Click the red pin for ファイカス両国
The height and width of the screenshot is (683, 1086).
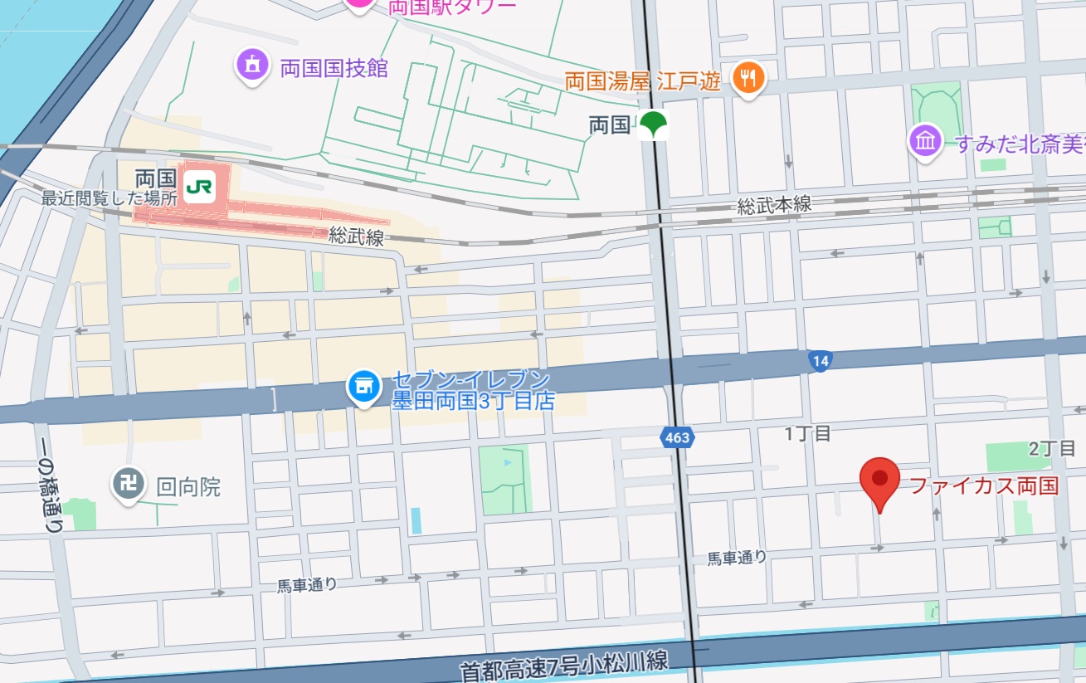click(879, 481)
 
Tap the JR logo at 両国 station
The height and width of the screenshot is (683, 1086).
click(198, 186)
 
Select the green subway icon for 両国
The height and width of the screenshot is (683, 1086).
click(654, 125)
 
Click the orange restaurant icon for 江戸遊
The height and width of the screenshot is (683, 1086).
click(749, 79)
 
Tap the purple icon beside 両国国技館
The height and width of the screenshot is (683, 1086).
click(251, 65)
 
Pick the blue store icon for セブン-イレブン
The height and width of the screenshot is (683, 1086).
click(363, 386)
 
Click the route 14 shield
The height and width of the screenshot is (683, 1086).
click(820, 361)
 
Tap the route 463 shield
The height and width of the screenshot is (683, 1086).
click(677, 437)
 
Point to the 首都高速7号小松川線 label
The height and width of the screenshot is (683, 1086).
click(564, 664)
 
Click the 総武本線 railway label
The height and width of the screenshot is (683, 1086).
click(774, 205)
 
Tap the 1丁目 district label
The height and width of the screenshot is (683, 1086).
click(807, 433)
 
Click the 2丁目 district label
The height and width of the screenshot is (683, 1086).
click(1051, 449)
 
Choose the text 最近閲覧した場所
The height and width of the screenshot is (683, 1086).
click(110, 199)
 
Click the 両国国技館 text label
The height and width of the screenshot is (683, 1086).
click(334, 68)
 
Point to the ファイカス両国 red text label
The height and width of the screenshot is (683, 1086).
click(984, 485)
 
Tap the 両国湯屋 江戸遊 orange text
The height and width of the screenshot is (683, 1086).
click(642, 81)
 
